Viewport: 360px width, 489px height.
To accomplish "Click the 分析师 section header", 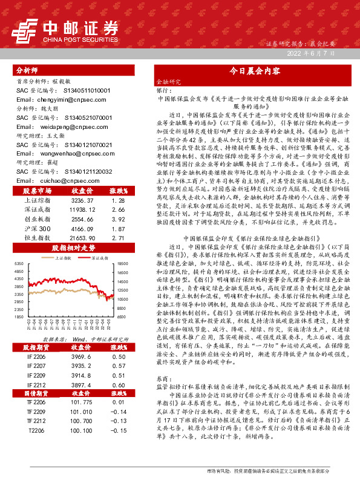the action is click(27, 70).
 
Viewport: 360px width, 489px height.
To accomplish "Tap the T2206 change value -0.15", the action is click(118, 430).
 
